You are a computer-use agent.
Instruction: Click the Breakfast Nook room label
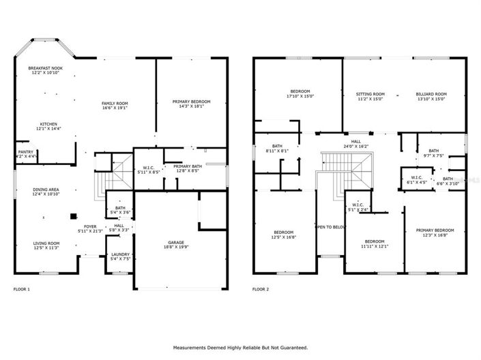click(45, 69)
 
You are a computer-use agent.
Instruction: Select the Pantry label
click(25, 152)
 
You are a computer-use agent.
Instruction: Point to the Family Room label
click(115, 103)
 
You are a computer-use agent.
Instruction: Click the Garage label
click(176, 242)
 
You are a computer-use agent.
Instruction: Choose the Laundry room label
click(119, 255)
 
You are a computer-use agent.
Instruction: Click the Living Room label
click(47, 243)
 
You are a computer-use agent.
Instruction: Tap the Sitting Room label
click(370, 94)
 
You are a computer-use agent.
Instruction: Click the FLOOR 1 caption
click(22, 289)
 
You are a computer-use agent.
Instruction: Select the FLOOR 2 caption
click(261, 289)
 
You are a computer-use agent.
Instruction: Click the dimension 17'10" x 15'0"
click(300, 96)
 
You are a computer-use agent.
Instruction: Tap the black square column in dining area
click(72, 217)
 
